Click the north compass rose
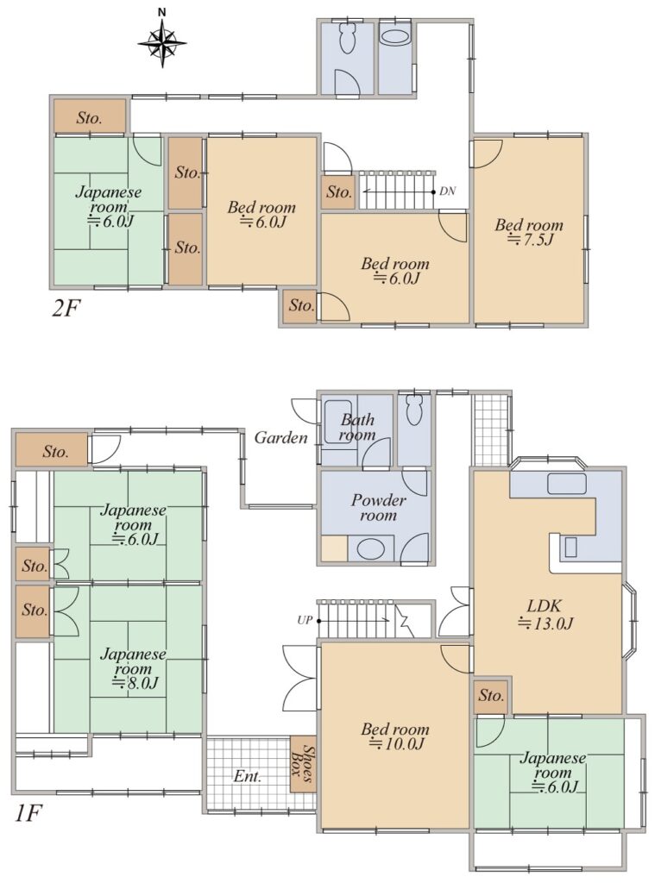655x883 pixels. (x=162, y=41)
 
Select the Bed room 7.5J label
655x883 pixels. (x=529, y=232)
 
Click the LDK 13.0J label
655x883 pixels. (x=545, y=614)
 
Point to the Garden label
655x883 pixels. (x=280, y=437)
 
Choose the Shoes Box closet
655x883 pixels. (x=303, y=764)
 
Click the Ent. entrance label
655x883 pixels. (x=248, y=777)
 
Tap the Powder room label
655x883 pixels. (x=378, y=507)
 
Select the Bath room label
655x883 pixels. (x=357, y=427)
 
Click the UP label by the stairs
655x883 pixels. (x=305, y=621)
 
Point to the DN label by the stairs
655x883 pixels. (x=447, y=191)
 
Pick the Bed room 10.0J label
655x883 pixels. (x=395, y=736)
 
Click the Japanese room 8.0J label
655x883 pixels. (x=134, y=668)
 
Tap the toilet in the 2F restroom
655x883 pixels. (x=346, y=38)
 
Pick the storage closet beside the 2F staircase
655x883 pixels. (x=339, y=192)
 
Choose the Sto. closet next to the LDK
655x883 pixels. (x=491, y=696)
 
